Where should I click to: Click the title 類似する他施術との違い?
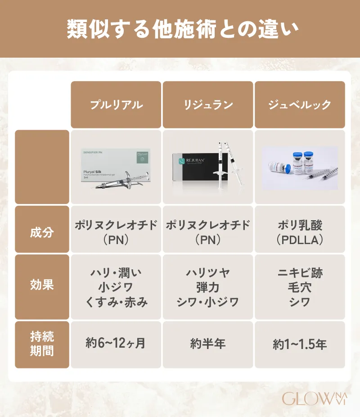180,29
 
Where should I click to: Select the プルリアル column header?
116,105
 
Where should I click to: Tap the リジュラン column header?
208,105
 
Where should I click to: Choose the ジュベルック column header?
300,105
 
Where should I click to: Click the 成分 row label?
42,232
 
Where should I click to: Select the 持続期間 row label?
42,344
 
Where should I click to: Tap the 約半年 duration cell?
208,344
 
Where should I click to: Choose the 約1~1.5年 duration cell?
300,344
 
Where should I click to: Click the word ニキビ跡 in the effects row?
300,272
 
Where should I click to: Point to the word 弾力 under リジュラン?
208,287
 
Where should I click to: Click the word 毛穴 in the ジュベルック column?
300,287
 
